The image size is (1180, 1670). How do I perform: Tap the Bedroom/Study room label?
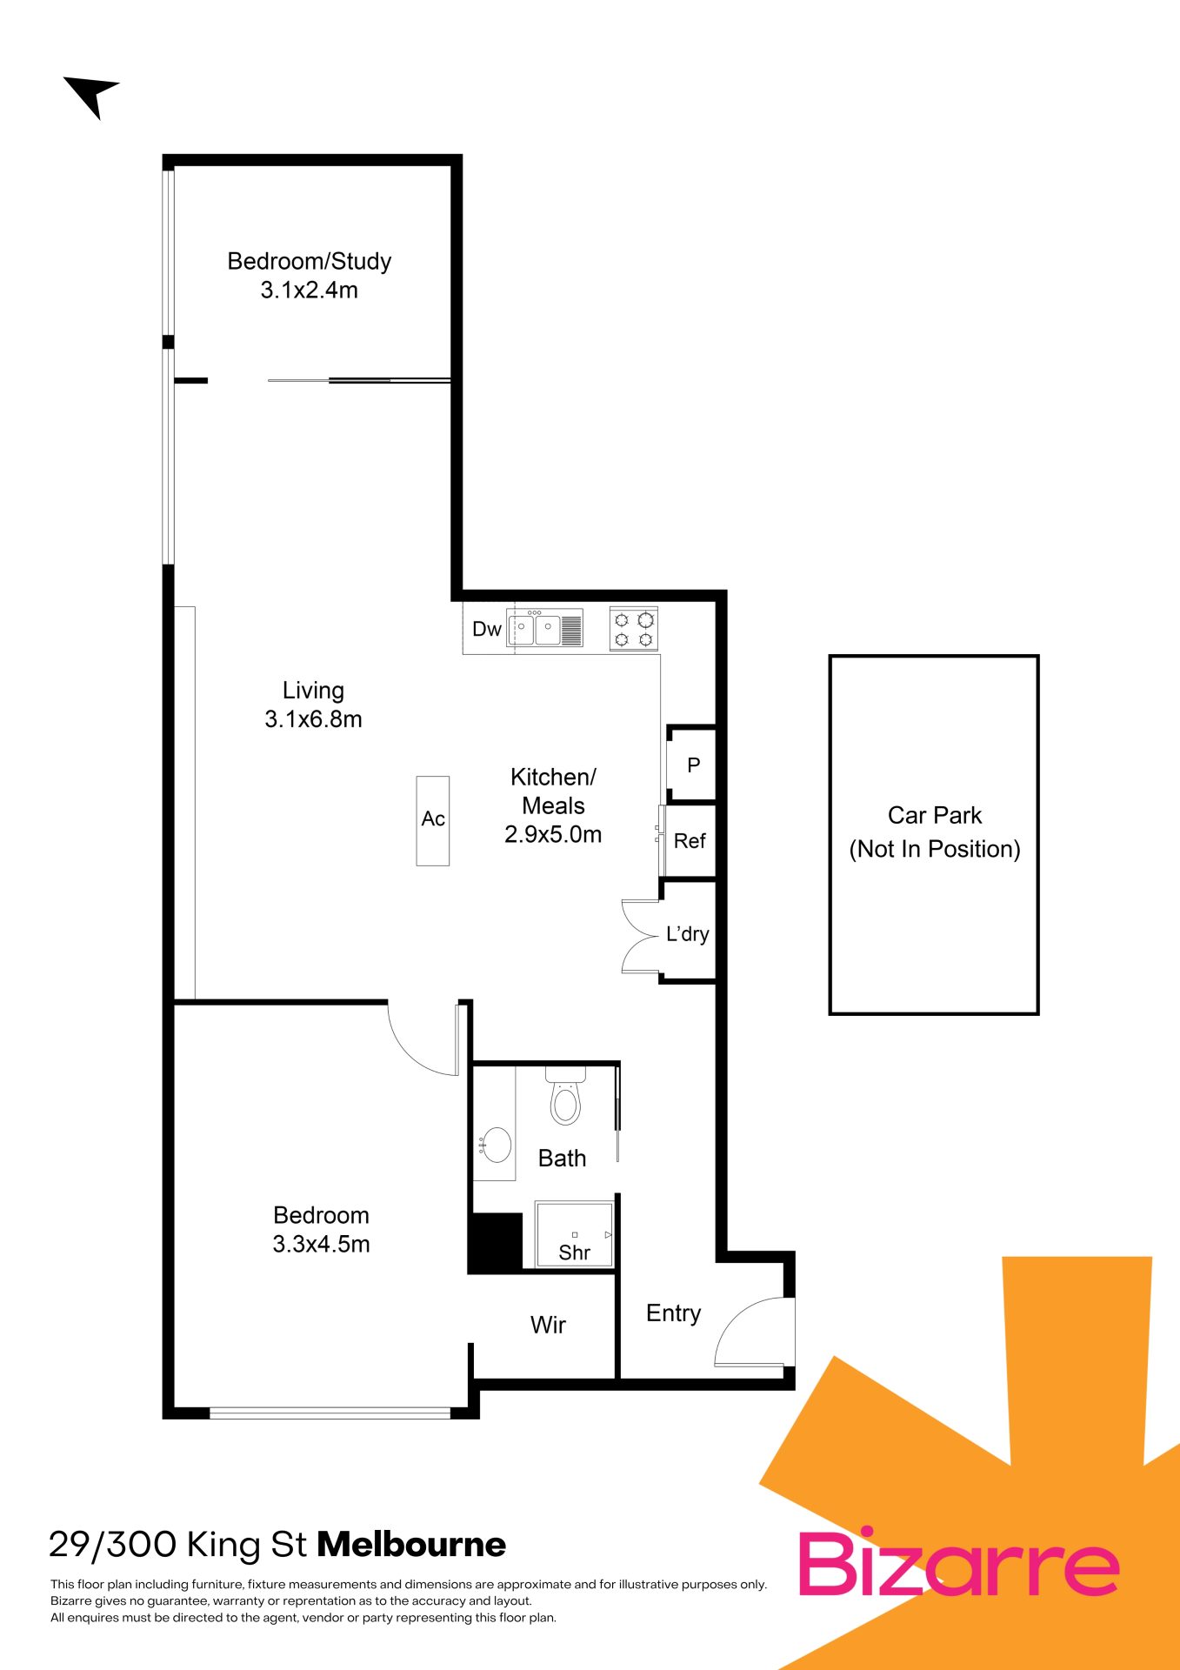[x=310, y=261]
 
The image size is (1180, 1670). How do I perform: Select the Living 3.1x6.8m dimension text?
[x=313, y=719]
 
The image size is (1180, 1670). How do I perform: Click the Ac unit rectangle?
[x=433, y=820]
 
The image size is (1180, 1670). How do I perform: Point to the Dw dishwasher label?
[x=487, y=629]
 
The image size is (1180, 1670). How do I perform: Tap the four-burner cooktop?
[x=634, y=629]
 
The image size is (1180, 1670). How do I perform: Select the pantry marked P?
[x=692, y=765]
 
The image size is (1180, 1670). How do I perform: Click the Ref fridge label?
[x=690, y=841]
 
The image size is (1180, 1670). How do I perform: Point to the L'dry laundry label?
[x=688, y=933]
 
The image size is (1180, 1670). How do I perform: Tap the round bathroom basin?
[x=497, y=1145]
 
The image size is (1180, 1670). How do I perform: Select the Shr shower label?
[x=574, y=1252]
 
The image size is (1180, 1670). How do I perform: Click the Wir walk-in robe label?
[x=548, y=1325]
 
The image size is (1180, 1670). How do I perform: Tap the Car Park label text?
[x=935, y=816]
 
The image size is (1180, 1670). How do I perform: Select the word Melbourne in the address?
[x=411, y=1546]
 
